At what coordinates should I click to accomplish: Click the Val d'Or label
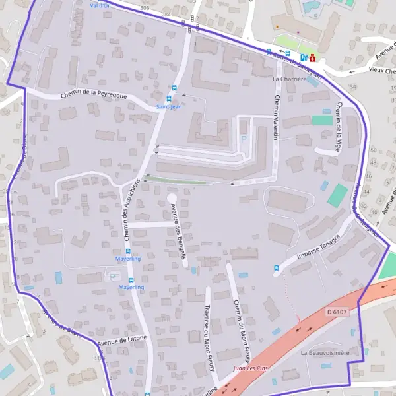[100, 4]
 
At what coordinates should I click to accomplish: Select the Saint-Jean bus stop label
[169, 106]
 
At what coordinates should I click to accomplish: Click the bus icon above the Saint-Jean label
[174, 88]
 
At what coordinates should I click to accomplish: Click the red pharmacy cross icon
[312, 58]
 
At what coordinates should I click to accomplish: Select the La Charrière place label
[290, 78]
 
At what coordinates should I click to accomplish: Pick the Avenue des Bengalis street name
[176, 231]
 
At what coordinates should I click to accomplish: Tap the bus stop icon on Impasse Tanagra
[276, 268]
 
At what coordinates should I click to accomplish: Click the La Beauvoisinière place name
[325, 353]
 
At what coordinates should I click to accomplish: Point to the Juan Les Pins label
[251, 368]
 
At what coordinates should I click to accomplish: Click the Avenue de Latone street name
[122, 341]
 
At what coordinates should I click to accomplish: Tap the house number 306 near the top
[145, 7]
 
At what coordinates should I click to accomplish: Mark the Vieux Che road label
[381, 70]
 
